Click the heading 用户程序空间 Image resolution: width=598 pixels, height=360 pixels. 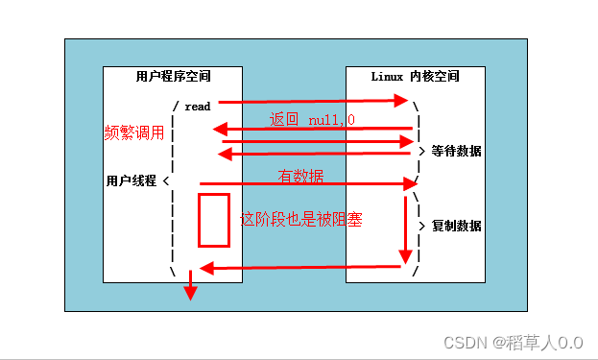click(173, 76)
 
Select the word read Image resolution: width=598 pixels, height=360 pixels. click(197, 107)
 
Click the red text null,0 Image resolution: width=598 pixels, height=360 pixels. click(331, 120)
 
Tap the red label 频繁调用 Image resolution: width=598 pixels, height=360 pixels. click(134, 133)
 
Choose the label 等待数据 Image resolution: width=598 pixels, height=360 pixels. click(456, 152)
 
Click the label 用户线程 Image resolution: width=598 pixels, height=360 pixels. click(132, 180)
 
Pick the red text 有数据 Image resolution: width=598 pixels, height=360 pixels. click(300, 177)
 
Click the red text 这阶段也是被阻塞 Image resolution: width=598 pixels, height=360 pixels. click(300, 219)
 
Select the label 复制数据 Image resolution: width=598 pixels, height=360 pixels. click(456, 227)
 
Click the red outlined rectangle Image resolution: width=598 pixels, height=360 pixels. click(213, 220)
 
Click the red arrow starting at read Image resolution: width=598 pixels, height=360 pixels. click(312, 101)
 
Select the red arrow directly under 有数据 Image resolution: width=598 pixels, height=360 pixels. click(307, 183)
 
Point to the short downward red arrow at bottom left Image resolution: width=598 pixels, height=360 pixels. click(190, 286)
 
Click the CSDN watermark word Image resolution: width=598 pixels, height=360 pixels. click(466, 341)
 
